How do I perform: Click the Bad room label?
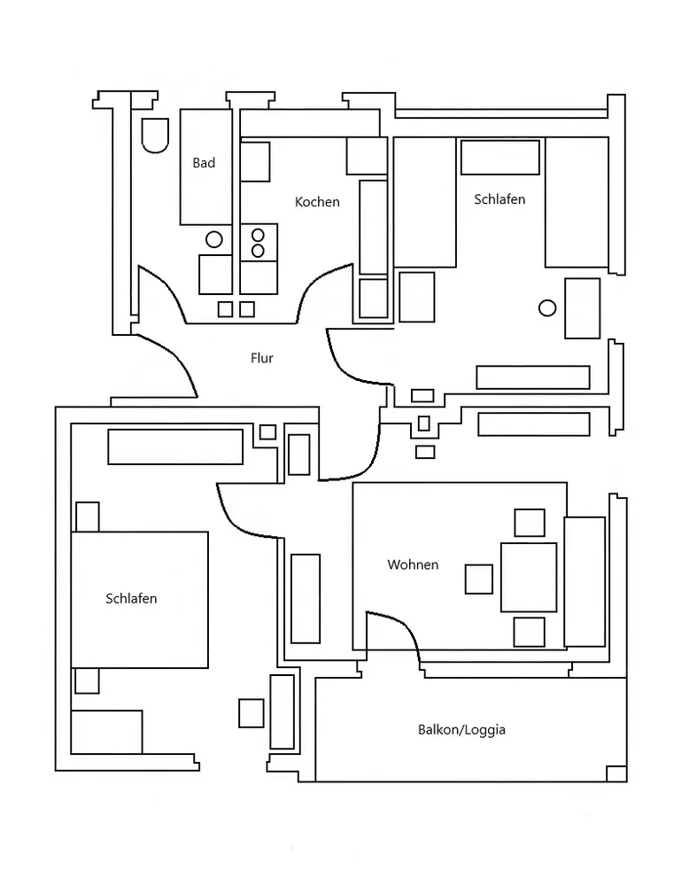[204, 163]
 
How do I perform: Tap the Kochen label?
[317, 202]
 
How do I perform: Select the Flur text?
[261, 358]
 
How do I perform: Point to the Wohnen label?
[413, 564]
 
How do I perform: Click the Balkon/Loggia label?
[461, 729]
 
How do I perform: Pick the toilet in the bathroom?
[155, 136]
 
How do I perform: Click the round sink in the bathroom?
[214, 239]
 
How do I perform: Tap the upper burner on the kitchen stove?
[258, 235]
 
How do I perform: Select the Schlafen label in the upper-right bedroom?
[500, 198]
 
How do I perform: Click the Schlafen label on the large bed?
[131, 598]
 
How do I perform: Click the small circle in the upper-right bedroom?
[547, 308]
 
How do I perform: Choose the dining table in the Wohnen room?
[529, 578]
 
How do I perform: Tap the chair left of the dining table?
[479, 579]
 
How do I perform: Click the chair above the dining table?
[530, 523]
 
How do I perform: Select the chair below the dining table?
[530, 632]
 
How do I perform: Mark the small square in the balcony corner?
[616, 773]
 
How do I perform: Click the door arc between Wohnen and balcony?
[403, 627]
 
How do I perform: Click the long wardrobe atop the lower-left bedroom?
[175, 447]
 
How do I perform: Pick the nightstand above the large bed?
[88, 517]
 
